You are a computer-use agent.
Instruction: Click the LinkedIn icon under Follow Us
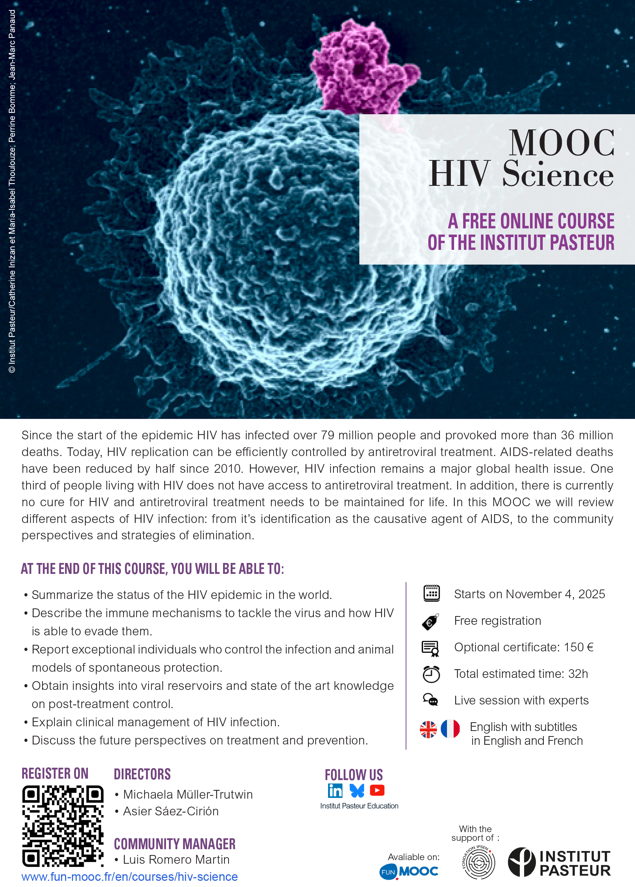335,790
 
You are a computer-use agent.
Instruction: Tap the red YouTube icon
377,790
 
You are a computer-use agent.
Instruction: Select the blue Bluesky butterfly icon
356,790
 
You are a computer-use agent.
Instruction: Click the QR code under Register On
62,826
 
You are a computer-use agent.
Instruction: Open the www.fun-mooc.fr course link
129,876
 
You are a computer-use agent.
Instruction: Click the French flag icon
450,728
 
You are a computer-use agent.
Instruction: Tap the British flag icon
428,730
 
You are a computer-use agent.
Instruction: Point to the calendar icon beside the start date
432,593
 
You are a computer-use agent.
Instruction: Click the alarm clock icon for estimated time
432,674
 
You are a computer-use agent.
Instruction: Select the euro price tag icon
430,622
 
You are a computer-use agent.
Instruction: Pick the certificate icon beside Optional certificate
430,648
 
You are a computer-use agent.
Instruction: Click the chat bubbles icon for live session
430,700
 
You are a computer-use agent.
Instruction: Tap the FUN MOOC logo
409,871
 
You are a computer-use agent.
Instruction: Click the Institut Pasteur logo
559,862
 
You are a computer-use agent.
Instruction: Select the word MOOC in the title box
562,143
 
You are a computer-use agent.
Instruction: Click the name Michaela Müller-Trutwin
188,794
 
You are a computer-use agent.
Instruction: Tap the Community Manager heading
175,844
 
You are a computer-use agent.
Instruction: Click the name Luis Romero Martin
176,860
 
